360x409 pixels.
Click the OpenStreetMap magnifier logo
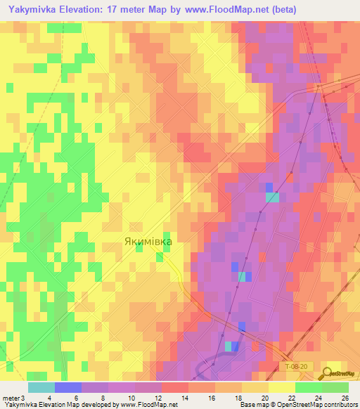328,372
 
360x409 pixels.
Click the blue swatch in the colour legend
67,387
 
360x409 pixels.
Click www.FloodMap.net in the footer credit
148,405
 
